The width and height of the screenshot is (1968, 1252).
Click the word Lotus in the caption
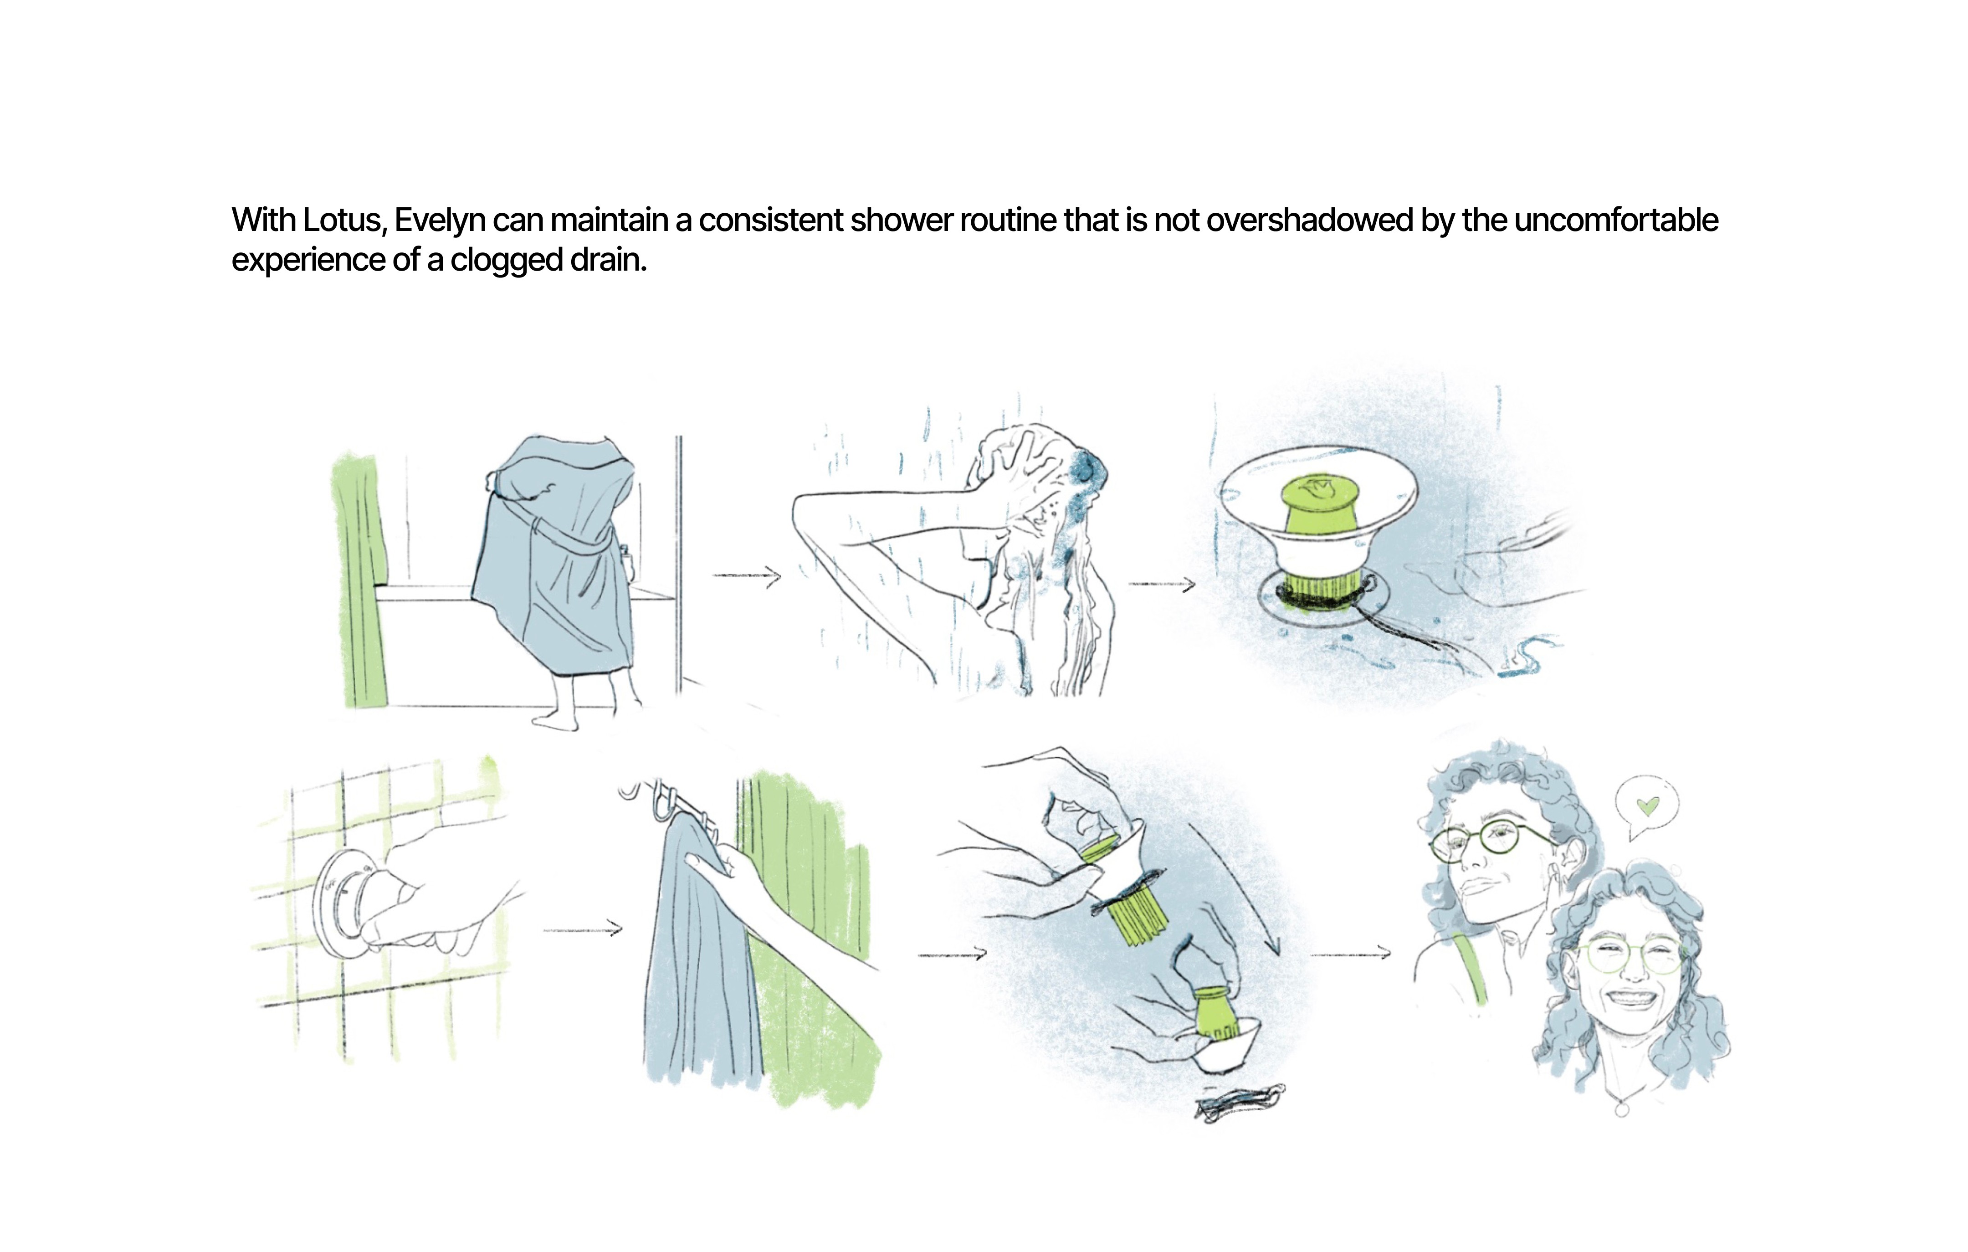pos(343,221)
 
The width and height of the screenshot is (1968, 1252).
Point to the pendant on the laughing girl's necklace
pos(1622,1109)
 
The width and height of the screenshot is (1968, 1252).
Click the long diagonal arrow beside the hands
pos(1234,889)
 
